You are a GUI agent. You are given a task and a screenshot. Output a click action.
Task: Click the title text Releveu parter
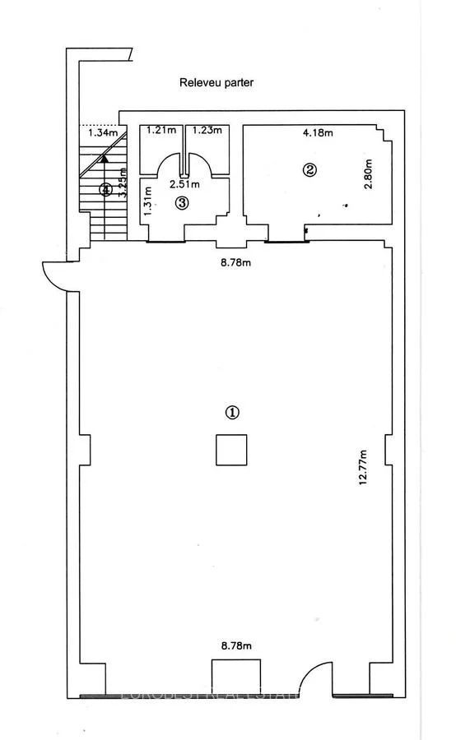coord(216,83)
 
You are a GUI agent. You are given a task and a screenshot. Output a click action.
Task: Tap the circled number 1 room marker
coord(233,413)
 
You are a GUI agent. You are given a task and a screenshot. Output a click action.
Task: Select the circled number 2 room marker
coord(309,170)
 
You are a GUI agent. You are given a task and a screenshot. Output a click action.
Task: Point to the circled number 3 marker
coord(183,202)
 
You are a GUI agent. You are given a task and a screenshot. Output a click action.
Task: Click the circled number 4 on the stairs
coord(105,190)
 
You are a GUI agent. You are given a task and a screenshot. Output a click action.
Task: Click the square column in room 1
coord(231,450)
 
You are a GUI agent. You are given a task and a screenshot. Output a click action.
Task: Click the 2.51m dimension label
coord(181,184)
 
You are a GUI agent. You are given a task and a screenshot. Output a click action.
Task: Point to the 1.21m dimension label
coord(160,130)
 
